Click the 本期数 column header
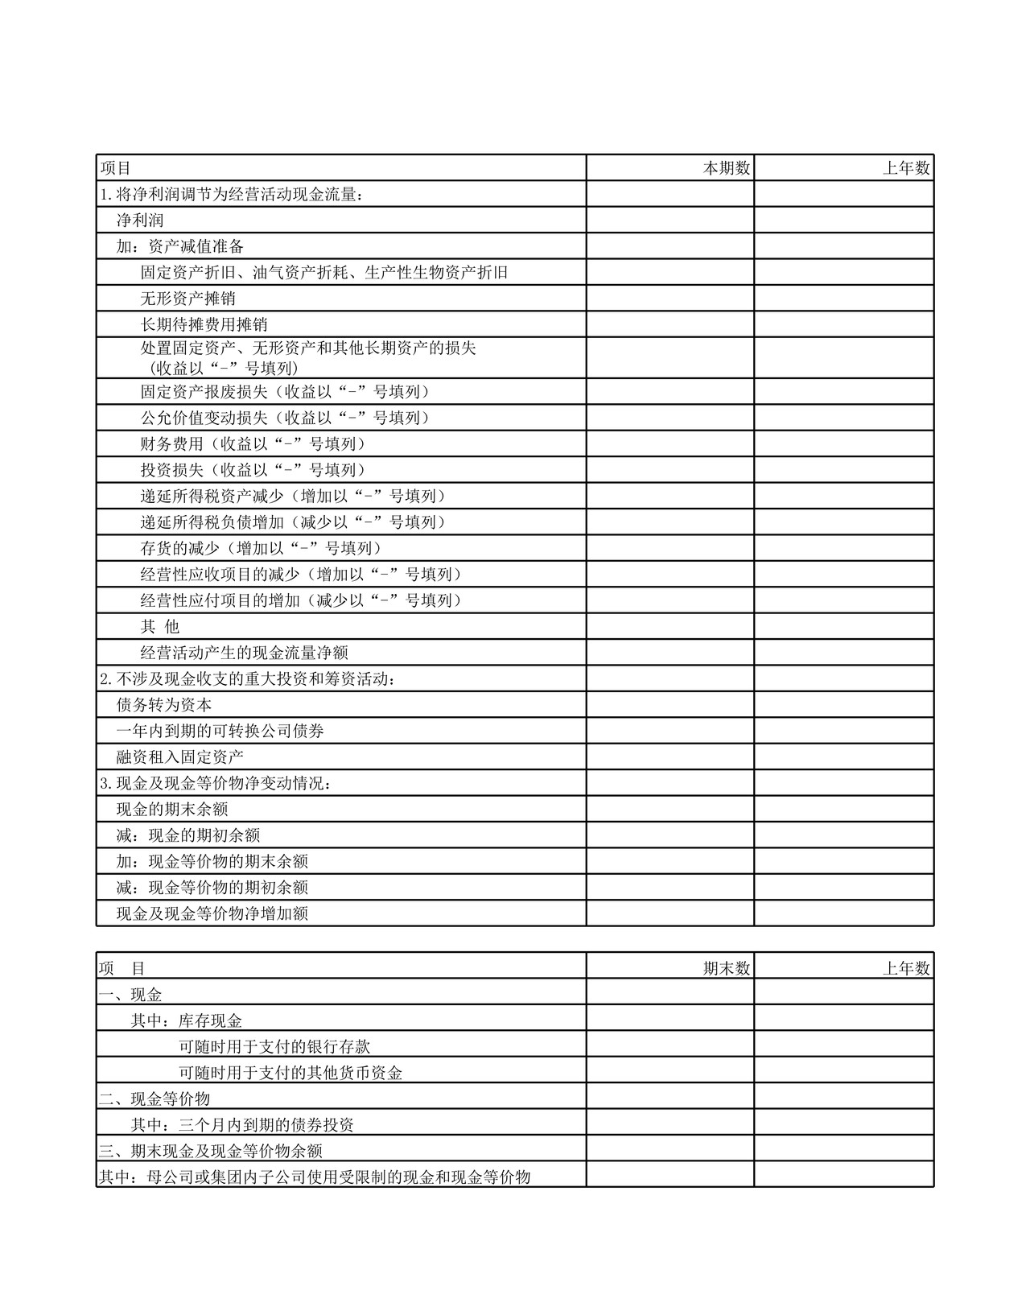tap(727, 168)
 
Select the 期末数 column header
tap(727, 968)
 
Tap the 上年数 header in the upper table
tap(906, 168)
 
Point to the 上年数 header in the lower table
tap(906, 968)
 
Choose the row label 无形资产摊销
tap(187, 299)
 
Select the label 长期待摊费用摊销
tap(204, 325)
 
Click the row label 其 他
tap(159, 627)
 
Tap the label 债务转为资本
tap(164, 705)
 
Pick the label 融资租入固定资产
tap(179, 757)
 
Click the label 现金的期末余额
tap(171, 810)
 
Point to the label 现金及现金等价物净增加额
tap(212, 913)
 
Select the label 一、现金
tap(130, 995)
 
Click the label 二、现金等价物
tap(154, 1099)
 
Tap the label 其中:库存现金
tap(186, 1020)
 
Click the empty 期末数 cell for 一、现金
tap(669, 995)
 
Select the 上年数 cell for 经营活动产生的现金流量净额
tap(843, 653)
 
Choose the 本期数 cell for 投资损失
tap(669, 470)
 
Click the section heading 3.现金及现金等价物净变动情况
tap(216, 783)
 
